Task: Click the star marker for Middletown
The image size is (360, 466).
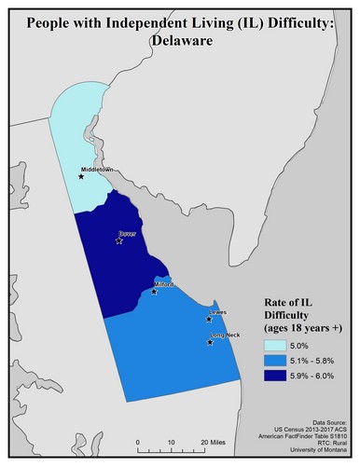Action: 81,176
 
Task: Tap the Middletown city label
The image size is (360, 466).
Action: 97,170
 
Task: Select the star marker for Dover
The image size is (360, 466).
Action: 118,240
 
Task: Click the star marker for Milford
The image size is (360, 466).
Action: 154,292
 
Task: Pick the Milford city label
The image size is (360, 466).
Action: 164,284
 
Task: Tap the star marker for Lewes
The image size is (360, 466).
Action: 209,320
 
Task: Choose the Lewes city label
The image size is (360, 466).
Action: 218,313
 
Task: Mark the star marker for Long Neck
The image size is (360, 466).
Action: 210,342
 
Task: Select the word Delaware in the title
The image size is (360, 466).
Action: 181,41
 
